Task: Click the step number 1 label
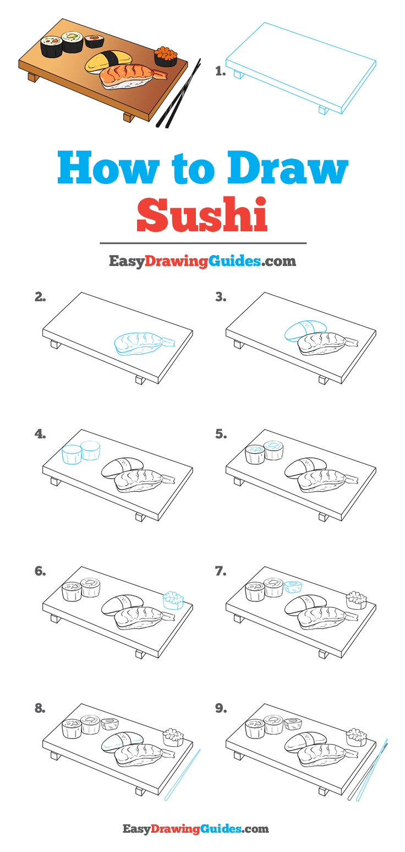pyautogui.click(x=220, y=71)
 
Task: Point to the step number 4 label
pyautogui.click(x=40, y=434)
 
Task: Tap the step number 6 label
pyautogui.click(x=40, y=572)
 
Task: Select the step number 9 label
pyautogui.click(x=221, y=709)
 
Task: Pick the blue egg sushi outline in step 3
pyautogui.click(x=304, y=330)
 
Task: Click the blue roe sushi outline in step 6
pyautogui.click(x=173, y=599)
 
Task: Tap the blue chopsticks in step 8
pyautogui.click(x=182, y=773)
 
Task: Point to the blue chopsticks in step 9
pyautogui.click(x=373, y=769)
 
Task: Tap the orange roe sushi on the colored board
pyautogui.click(x=166, y=56)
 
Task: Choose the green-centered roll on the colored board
pyautogui.click(x=72, y=42)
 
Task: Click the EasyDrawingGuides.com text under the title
pyautogui.click(x=202, y=261)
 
